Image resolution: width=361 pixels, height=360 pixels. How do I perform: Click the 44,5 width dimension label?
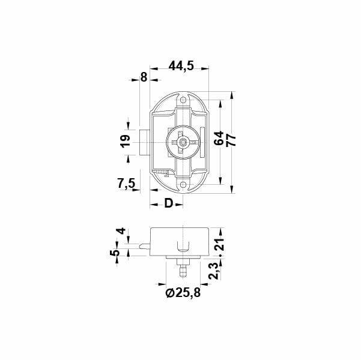pos(181,67)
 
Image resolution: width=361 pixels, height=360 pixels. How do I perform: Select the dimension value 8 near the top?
pos(143,77)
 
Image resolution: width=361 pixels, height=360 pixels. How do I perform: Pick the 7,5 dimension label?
pos(126,184)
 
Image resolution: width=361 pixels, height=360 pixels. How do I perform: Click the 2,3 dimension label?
pos(214,271)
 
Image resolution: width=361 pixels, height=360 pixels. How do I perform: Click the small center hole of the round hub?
pos(184,142)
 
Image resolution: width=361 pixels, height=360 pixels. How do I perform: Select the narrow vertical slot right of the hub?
pos(202,137)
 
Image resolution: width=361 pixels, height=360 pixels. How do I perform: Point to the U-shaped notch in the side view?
pos(184,246)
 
